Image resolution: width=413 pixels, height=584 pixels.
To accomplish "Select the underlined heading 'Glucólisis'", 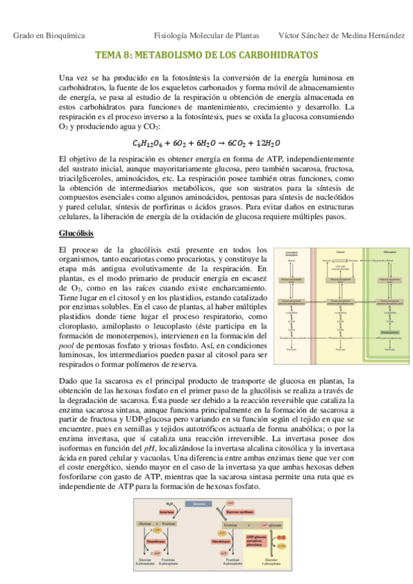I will click(77, 233).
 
